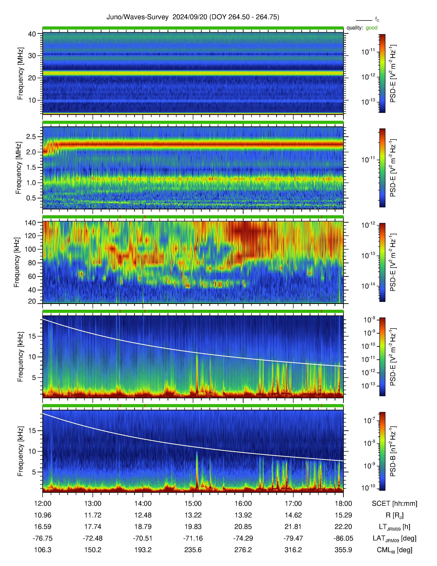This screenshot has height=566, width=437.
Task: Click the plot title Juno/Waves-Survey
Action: [137, 17]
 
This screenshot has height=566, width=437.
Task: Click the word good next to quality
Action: [372, 28]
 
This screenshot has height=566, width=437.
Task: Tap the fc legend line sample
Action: [364, 20]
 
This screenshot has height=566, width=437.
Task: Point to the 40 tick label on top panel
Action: [32, 34]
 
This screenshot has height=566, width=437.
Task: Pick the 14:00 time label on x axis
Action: [143, 504]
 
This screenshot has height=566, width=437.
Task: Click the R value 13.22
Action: [193, 515]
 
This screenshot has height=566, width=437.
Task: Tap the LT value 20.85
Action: [243, 527]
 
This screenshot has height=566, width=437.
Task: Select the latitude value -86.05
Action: [343, 538]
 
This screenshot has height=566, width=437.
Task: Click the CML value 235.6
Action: [193, 550]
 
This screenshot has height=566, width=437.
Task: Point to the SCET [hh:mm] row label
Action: [394, 504]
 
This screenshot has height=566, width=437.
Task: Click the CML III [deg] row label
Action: [394, 550]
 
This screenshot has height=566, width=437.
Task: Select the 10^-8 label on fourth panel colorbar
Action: [369, 320]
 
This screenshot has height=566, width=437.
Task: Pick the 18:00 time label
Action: [343, 504]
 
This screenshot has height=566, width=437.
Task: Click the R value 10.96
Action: [43, 515]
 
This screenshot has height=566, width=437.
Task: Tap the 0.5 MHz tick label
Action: [31, 198]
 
